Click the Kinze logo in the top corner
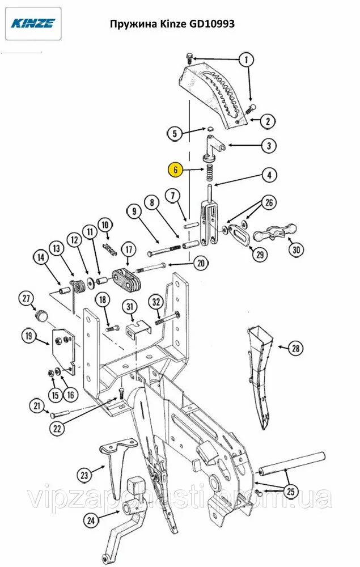tap(33, 23)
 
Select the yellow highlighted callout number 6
tap(175, 170)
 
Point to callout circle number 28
tap(296, 348)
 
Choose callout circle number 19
tap(28, 336)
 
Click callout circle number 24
tap(91, 521)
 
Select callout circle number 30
tap(297, 249)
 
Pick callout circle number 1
tap(247, 60)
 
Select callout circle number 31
tap(130, 307)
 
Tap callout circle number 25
tap(291, 492)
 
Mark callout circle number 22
tap(57, 429)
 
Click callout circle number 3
tap(269, 146)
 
